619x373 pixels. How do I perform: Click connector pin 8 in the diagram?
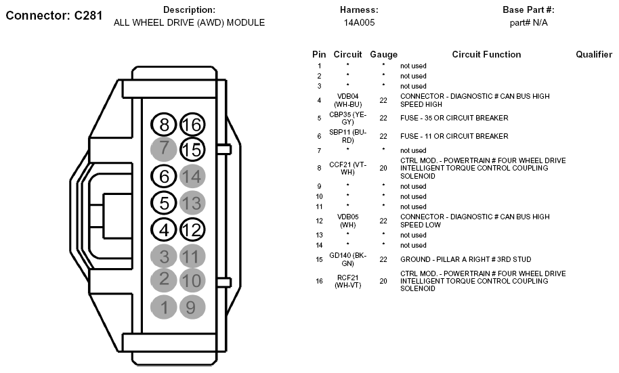pos(164,125)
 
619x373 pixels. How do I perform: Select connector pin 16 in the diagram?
pos(192,125)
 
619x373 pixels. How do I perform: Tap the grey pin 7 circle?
pos(164,149)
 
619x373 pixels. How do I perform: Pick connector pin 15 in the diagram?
pos(192,149)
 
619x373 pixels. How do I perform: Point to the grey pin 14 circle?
pos(192,176)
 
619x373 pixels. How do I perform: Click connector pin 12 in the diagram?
pos(192,229)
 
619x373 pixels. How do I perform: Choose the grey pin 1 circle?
pos(164,307)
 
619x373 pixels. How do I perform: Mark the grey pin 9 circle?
pos(192,307)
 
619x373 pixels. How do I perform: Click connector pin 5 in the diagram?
pos(164,202)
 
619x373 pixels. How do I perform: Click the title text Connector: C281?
pos(54,16)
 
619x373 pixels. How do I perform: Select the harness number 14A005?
pos(359,22)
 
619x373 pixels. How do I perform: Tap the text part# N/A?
pos(528,22)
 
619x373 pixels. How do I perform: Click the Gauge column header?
pos(383,54)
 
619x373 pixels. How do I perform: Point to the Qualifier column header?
pos(594,54)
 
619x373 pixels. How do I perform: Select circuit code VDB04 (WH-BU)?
pos(347,101)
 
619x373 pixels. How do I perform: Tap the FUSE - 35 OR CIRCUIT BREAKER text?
pos(454,118)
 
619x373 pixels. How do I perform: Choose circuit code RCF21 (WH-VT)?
pos(347,281)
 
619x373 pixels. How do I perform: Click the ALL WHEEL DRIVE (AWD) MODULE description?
pos(189,22)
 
